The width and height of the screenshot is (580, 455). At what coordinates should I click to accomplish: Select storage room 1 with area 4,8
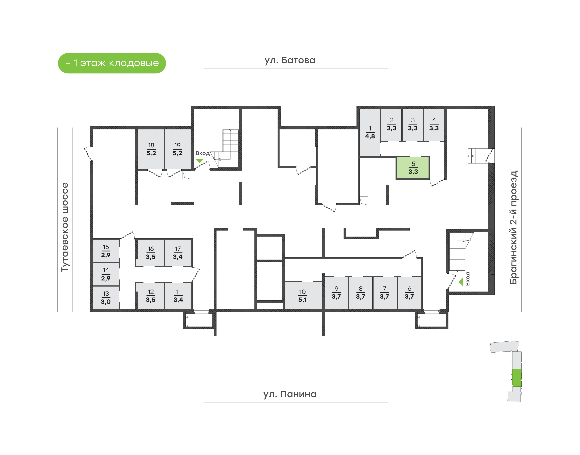370,132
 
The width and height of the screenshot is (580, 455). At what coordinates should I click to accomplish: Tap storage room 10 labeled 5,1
302,295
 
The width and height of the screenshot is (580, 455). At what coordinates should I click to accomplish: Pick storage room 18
151,149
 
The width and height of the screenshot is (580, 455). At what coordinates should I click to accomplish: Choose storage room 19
177,149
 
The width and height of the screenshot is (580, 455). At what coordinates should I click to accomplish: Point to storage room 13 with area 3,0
106,298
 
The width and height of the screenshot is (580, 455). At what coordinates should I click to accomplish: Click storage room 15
106,251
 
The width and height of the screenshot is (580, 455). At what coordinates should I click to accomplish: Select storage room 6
409,293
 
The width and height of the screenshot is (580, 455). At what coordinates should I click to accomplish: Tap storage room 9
336,293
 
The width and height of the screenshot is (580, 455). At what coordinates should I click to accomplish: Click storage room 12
150,296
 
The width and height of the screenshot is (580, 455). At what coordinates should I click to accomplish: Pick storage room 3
413,124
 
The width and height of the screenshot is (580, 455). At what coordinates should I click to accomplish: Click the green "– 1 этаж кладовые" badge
112,63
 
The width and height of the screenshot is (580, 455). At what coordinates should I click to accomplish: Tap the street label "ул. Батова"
290,60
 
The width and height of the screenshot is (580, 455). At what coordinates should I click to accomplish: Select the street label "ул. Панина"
290,394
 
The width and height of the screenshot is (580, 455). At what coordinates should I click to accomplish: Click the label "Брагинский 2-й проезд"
513,227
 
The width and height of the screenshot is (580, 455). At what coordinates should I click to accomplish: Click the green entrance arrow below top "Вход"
200,161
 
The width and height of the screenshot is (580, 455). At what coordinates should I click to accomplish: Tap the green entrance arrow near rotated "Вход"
461,282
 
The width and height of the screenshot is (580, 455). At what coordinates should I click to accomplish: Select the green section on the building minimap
517,378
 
